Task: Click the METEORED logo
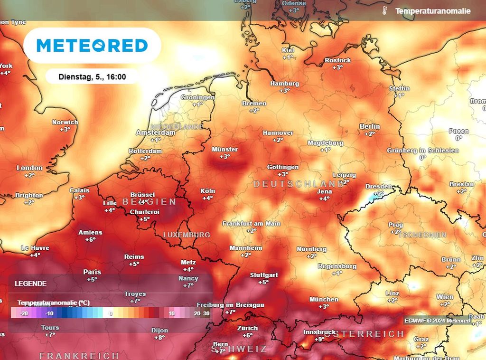(x=92, y=46)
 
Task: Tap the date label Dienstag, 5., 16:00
(x=92, y=76)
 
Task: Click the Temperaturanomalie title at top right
(x=432, y=10)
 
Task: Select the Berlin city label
(x=370, y=126)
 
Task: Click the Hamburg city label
(x=285, y=84)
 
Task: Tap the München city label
(x=324, y=299)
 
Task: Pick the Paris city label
(x=92, y=272)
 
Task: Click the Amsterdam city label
(x=155, y=133)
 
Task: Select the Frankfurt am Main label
(x=252, y=223)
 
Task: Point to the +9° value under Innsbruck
(x=319, y=339)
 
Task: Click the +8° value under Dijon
(x=159, y=338)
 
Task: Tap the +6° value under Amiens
(x=90, y=240)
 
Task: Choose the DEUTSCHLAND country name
(x=299, y=184)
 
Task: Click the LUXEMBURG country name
(x=187, y=235)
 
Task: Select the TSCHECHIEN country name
(x=422, y=235)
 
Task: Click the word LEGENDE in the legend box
(x=31, y=284)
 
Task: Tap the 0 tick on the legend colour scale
(x=111, y=313)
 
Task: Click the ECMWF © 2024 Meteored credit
(x=437, y=321)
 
